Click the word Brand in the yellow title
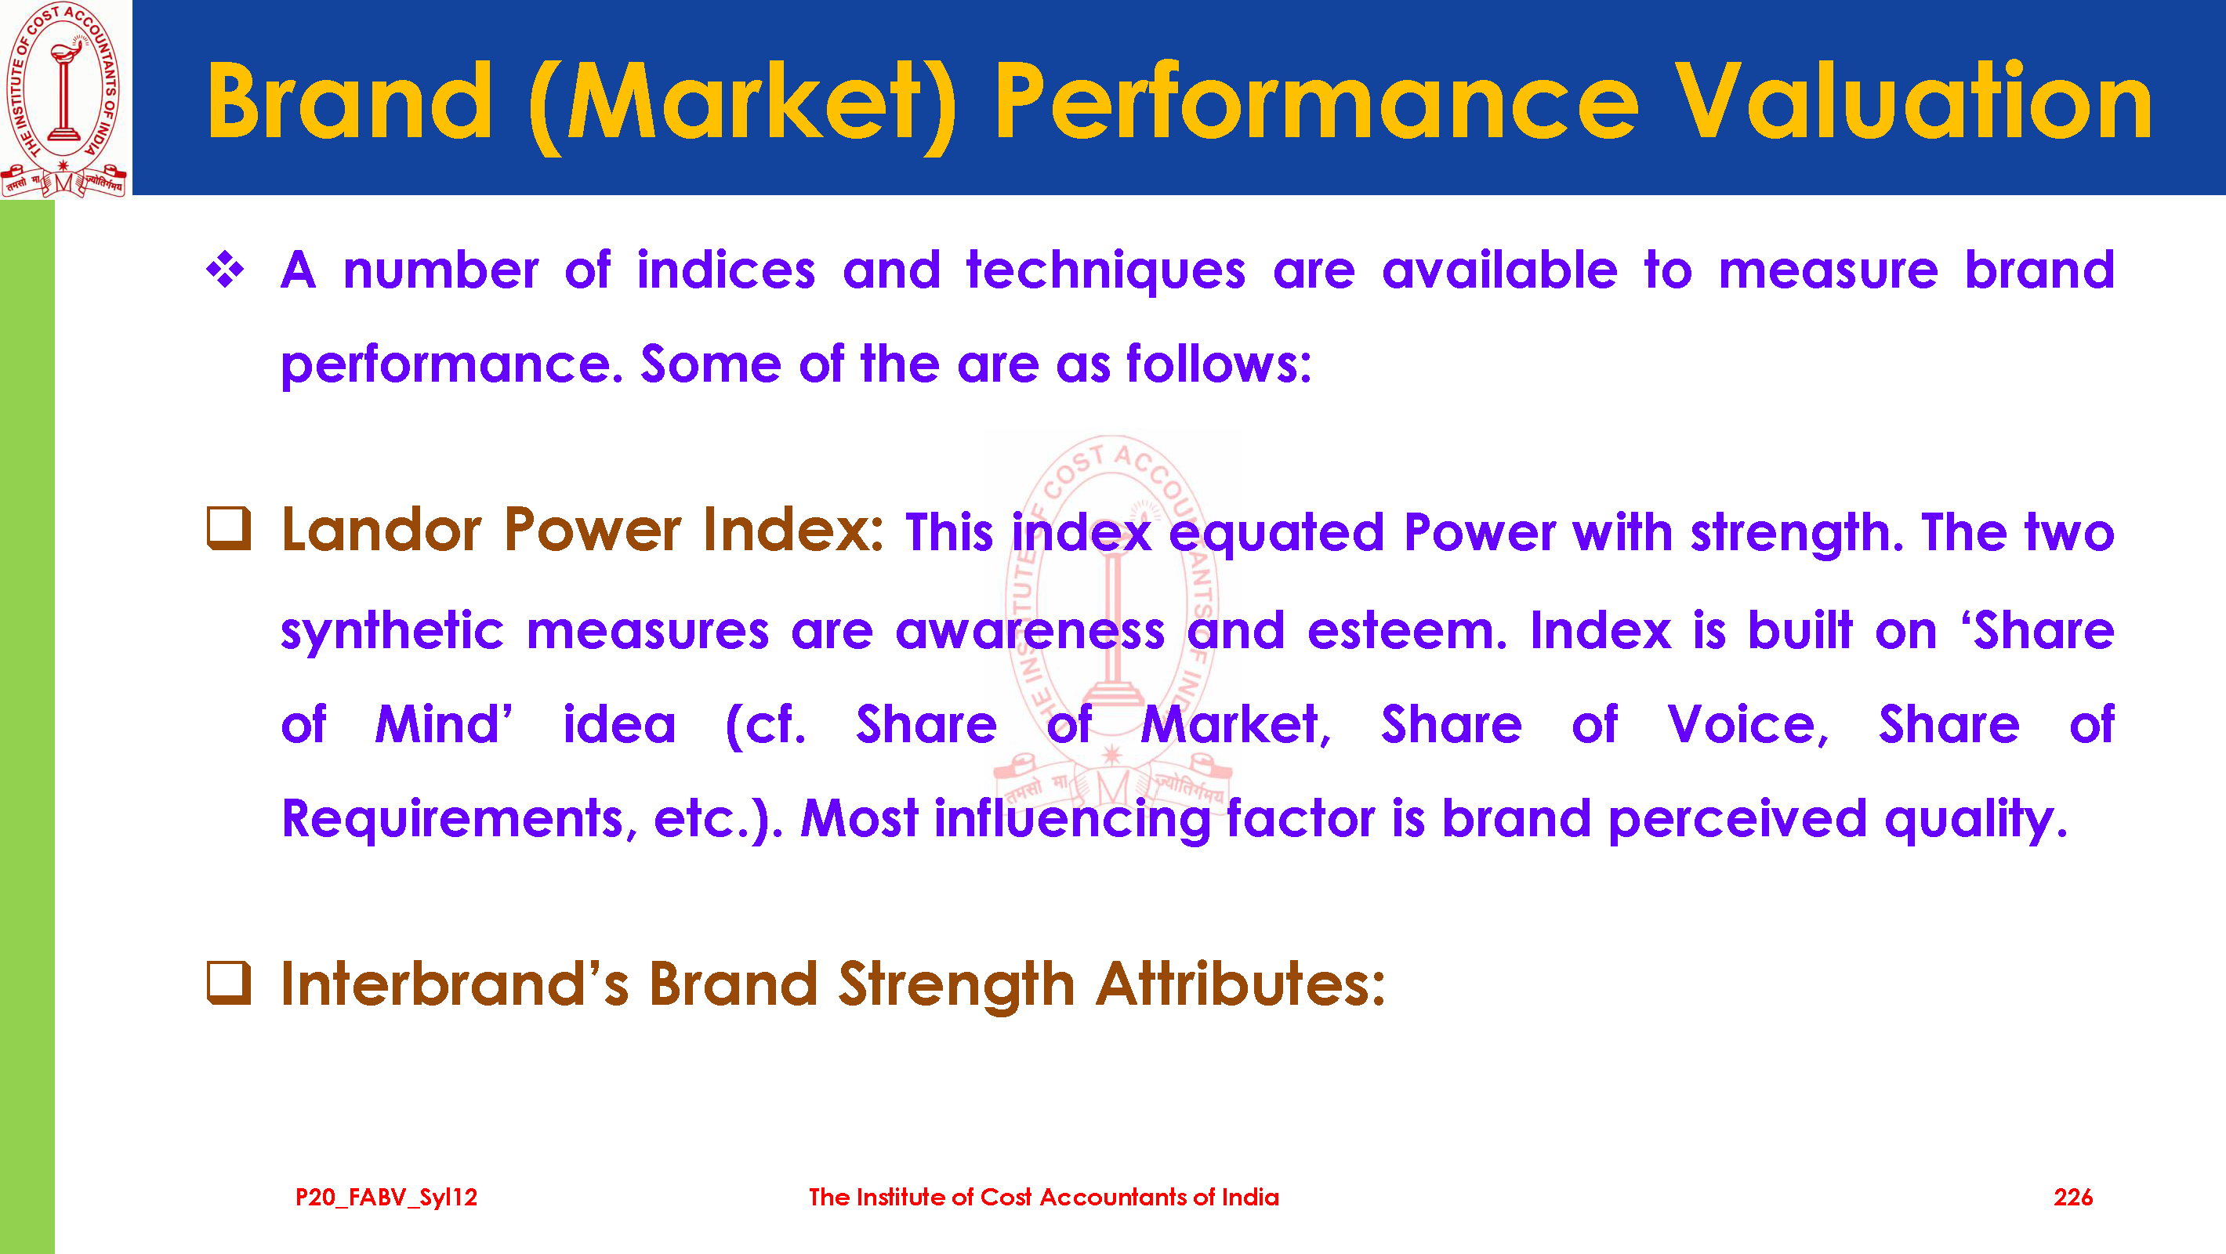[349, 101]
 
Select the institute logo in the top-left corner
[65, 100]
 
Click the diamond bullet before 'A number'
[226, 270]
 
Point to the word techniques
[1106, 270]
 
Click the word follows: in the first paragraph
[1220, 363]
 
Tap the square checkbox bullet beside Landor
[229, 528]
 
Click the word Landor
[381, 529]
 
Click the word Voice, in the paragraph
[1748, 724]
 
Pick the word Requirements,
[460, 819]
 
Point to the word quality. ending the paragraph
[1976, 819]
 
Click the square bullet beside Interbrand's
[229, 984]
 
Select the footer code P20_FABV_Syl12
[386, 1198]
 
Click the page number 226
[2073, 1197]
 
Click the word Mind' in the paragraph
[444, 724]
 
